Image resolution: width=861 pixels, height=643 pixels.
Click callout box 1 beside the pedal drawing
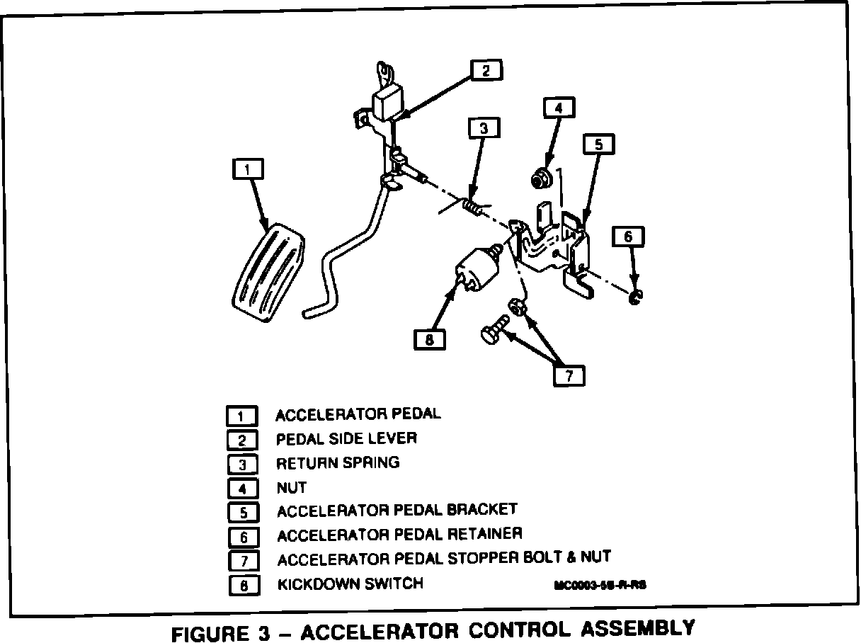pyautogui.click(x=248, y=170)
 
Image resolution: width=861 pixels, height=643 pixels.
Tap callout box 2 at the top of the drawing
pyautogui.click(x=486, y=70)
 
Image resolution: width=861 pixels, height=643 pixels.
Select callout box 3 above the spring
pyautogui.click(x=484, y=128)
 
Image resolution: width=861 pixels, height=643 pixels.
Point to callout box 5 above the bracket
pyautogui.click(x=598, y=144)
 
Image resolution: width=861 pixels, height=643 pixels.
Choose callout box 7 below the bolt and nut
pyautogui.click(x=569, y=375)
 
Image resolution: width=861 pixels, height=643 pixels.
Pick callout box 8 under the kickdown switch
pyautogui.click(x=430, y=340)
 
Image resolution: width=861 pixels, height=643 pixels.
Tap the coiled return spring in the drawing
pyautogui.click(x=473, y=207)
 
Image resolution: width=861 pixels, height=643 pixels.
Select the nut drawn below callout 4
pyautogui.click(x=540, y=178)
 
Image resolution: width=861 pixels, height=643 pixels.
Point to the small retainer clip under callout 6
pyautogui.click(x=634, y=297)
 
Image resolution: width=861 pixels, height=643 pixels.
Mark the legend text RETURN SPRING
pyautogui.click(x=338, y=463)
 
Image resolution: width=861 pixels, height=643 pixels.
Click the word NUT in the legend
pyautogui.click(x=291, y=488)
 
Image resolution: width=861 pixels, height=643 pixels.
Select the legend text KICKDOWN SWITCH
pyautogui.click(x=350, y=584)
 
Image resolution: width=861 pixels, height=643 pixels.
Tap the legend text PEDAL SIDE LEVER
pyautogui.click(x=346, y=439)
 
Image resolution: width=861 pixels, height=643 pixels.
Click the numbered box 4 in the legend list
pyautogui.click(x=243, y=489)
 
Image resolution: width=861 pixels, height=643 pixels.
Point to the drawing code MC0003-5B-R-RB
pyautogui.click(x=601, y=586)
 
